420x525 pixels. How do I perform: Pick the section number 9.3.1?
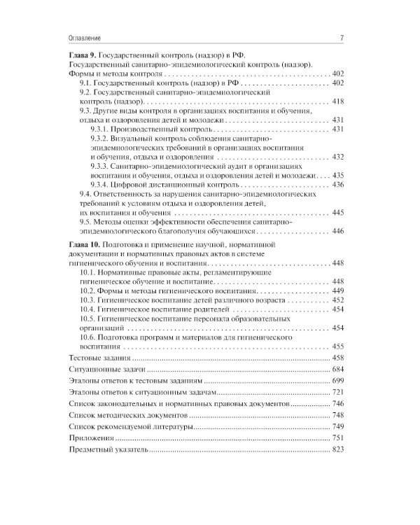coord(101,129)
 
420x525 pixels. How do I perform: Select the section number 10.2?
coord(88,290)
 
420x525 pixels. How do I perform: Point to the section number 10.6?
coord(88,337)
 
